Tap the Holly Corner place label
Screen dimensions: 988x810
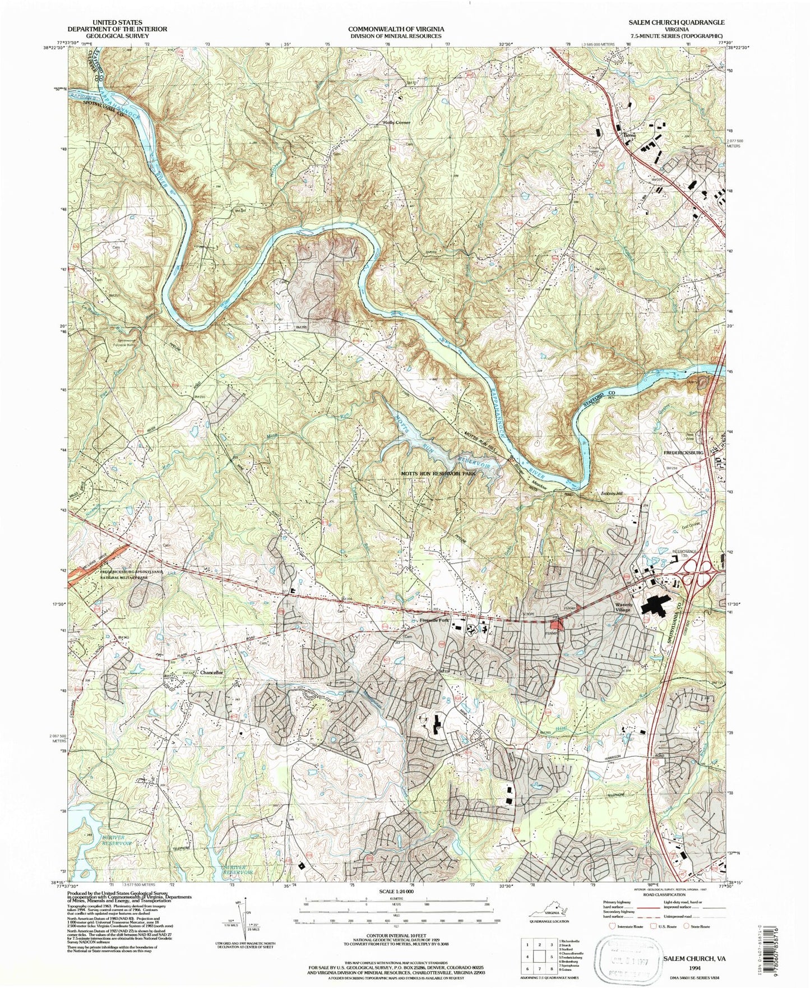pyautogui.click(x=396, y=123)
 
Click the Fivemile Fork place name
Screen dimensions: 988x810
pyautogui.click(x=434, y=621)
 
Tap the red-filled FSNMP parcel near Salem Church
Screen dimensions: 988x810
pyautogui.click(x=556, y=625)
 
